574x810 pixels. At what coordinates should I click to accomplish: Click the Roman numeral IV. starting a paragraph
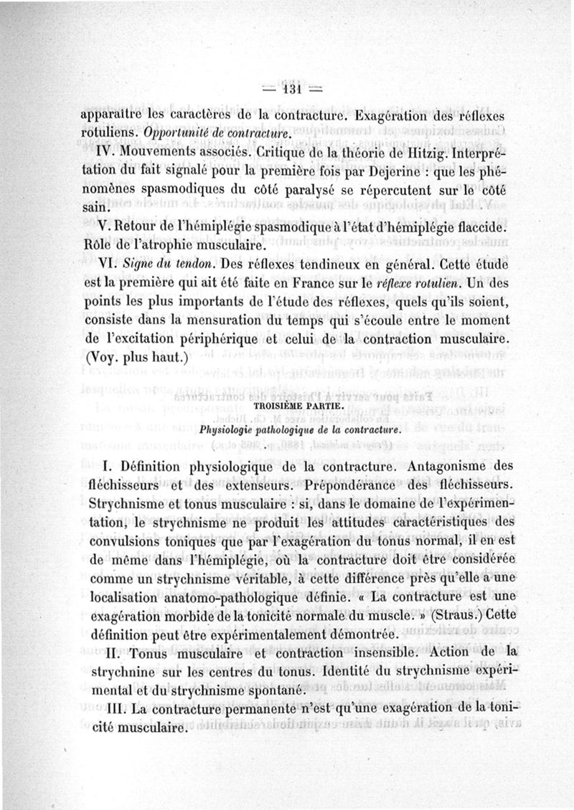tap(106, 156)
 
